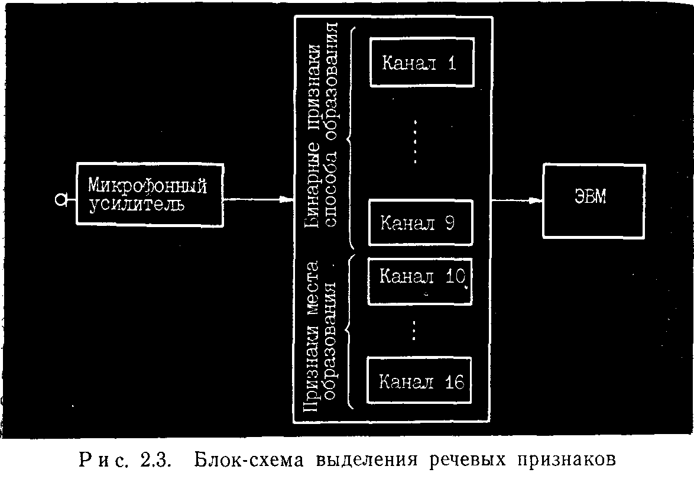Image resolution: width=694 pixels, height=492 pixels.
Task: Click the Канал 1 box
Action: tap(422, 62)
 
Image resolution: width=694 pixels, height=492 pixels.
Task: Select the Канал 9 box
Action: tap(420, 223)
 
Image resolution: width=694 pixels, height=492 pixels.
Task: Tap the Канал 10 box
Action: tap(420, 281)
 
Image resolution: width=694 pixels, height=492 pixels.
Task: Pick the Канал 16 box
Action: tap(419, 380)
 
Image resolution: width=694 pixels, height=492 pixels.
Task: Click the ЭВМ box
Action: tap(594, 201)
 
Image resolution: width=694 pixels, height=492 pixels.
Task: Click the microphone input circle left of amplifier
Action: tap(61, 200)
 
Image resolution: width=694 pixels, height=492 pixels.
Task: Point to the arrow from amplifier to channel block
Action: tap(259, 200)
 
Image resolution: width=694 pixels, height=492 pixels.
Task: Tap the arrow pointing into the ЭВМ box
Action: tap(517, 200)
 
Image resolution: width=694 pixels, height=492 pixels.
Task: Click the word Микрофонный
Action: tap(147, 186)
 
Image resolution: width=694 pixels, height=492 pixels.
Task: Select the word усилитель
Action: tap(137, 205)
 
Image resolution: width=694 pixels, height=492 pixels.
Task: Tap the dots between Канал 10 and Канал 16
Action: tap(414, 331)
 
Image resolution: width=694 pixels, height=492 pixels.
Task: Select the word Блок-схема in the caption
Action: tap(249, 460)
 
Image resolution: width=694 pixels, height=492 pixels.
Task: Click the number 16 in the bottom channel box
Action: tap(454, 381)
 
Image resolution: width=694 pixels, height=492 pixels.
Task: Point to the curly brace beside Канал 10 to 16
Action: tap(349, 331)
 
